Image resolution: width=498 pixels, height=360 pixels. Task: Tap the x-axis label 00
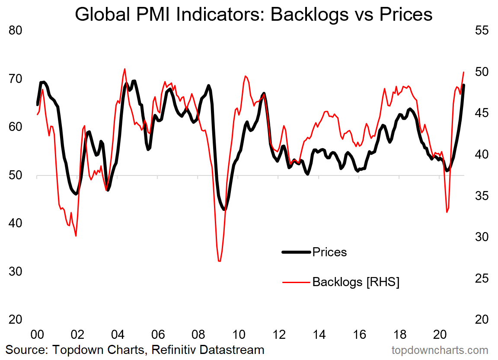point(37,335)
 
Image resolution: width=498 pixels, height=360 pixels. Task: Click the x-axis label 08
point(198,335)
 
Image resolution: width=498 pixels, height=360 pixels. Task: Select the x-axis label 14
point(319,335)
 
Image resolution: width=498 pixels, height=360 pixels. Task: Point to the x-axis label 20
point(440,335)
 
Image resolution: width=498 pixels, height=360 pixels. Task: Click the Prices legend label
point(329,252)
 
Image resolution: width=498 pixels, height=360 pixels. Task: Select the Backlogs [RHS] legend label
point(356,282)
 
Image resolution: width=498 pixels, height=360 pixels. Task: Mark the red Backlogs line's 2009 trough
point(220,261)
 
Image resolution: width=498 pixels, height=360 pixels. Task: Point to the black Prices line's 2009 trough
point(225,209)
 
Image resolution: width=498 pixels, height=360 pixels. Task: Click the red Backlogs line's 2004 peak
point(124,69)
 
